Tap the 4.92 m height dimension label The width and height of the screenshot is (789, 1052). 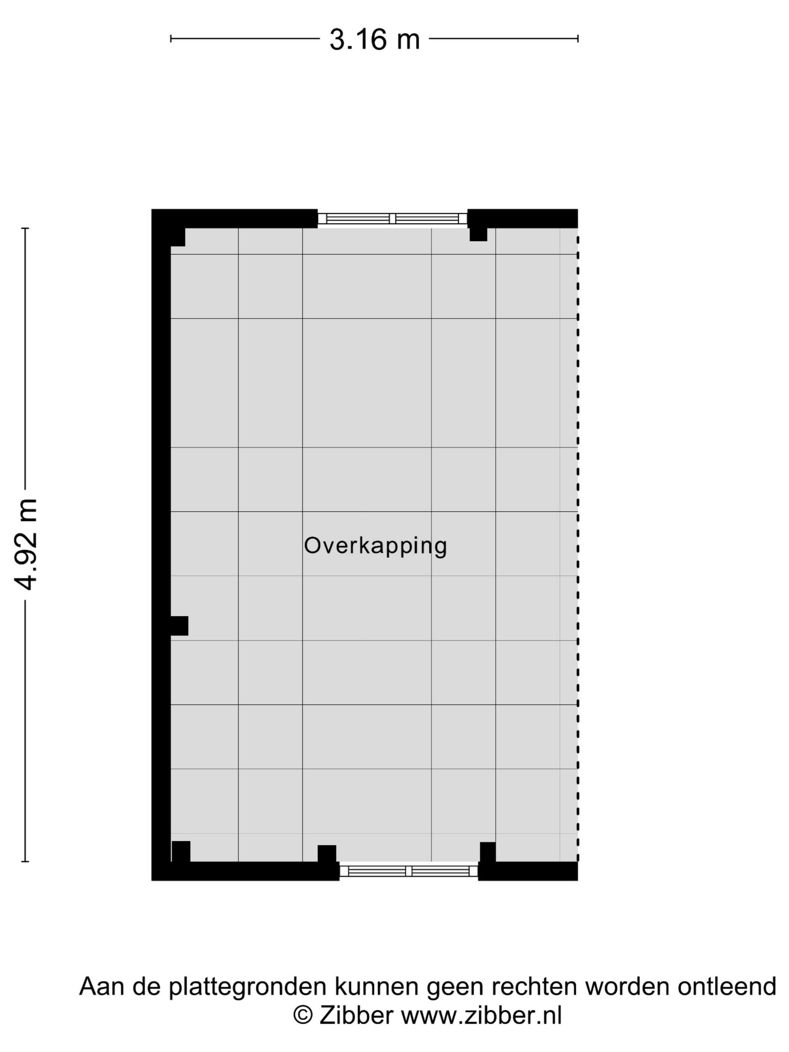tap(26, 544)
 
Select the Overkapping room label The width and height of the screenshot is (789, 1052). tap(375, 546)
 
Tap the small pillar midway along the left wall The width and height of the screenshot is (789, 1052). tap(179, 626)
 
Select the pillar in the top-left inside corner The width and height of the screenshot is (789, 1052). tap(177, 237)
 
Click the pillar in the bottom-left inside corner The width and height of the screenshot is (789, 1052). tap(181, 852)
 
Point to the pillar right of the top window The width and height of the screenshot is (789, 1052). tap(478, 234)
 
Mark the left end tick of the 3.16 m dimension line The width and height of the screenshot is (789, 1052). tap(171, 39)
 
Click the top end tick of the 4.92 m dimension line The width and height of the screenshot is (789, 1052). tap(26, 228)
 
